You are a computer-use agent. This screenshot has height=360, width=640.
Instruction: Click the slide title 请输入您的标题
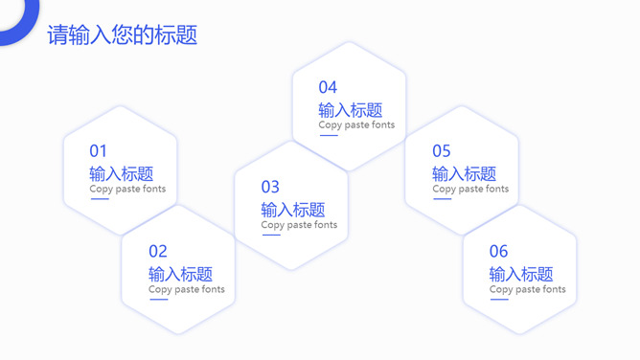122,35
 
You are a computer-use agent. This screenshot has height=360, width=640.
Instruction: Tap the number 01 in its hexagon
99,151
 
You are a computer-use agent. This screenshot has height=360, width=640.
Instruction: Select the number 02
158,252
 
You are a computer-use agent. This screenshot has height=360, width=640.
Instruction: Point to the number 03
270,187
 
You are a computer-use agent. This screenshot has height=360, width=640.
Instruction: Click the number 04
328,88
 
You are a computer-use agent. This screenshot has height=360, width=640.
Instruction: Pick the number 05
441,151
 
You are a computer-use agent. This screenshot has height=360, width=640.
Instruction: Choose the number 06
498,252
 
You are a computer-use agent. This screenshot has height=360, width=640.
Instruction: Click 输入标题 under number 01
122,173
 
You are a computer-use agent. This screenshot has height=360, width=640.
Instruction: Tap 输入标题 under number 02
180,274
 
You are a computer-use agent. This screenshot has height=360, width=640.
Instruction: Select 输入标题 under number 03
293,209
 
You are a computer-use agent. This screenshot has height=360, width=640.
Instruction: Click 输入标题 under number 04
351,110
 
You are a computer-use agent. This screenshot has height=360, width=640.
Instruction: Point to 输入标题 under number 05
464,173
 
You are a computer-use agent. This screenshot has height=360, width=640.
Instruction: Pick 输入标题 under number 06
521,274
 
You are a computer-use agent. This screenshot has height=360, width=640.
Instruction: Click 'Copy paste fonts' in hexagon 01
127,189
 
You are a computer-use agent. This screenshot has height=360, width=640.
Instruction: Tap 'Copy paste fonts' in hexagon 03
299,225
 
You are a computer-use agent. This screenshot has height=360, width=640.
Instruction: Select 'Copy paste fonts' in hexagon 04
356,124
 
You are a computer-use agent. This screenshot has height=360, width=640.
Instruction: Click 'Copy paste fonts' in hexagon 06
527,289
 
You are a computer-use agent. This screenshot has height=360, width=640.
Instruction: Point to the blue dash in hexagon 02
158,300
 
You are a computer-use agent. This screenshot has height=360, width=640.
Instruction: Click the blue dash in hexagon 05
442,199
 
